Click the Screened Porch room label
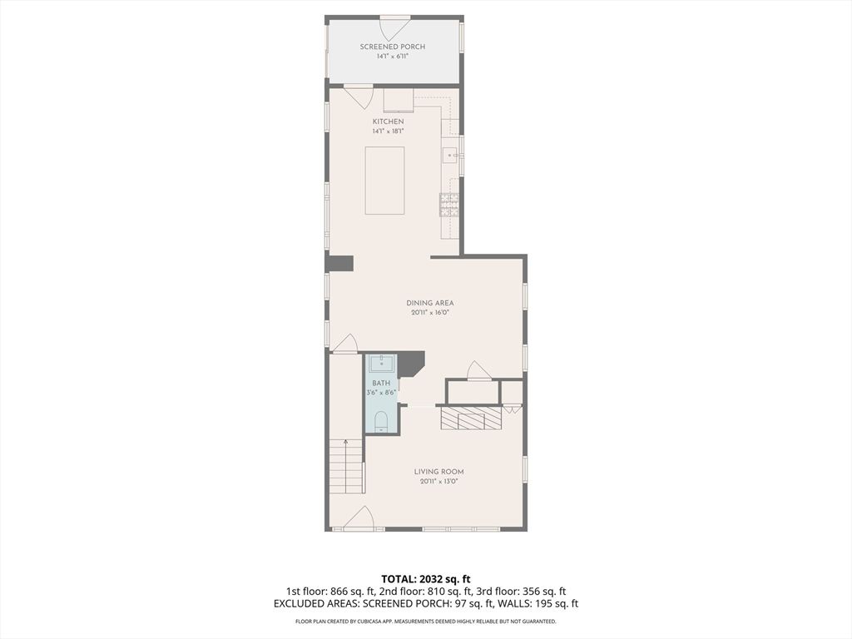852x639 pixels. pos(393,47)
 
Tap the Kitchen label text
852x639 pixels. pos(388,121)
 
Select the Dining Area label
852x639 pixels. pos(430,303)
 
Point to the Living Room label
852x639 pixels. pos(439,472)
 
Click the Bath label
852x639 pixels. pos(381,383)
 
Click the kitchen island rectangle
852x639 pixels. pos(384,181)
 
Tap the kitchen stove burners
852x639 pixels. pos(449,206)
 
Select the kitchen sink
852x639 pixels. pos(451,156)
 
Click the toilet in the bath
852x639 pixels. pos(381,422)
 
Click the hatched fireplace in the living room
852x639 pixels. pos(470,419)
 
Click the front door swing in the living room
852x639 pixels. pos(359,518)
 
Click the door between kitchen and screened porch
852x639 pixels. pos(358,96)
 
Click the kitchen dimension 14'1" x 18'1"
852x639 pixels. pos(388,131)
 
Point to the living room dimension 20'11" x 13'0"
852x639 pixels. pos(439,482)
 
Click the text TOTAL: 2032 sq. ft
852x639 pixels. pos(425,579)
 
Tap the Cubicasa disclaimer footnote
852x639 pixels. pos(425,621)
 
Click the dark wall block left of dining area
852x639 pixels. pos(339,263)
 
